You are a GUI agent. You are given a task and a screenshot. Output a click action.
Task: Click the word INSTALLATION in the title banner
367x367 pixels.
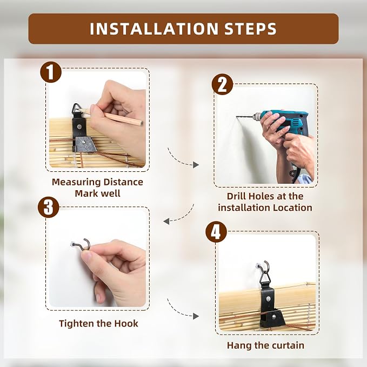click(x=154, y=29)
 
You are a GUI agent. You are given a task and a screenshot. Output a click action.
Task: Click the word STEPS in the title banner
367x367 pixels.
click(x=250, y=29)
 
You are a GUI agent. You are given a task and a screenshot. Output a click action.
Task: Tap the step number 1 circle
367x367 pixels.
click(x=51, y=72)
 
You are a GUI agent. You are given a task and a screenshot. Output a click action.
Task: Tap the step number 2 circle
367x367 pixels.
click(x=222, y=84)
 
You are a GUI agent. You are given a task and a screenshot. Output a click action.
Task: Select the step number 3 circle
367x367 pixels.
click(x=49, y=207)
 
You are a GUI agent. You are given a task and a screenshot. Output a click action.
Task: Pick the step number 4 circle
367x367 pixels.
click(x=216, y=232)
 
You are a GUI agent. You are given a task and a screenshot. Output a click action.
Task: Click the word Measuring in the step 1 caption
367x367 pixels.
click(x=76, y=182)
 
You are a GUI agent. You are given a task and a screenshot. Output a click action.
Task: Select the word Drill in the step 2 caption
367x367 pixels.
click(x=236, y=196)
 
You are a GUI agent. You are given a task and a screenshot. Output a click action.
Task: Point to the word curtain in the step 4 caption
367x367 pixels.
click(x=288, y=345)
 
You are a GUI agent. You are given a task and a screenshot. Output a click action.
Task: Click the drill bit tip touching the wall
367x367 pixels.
click(x=236, y=116)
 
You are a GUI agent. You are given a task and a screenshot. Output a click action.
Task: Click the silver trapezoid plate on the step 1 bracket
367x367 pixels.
click(x=85, y=144)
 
